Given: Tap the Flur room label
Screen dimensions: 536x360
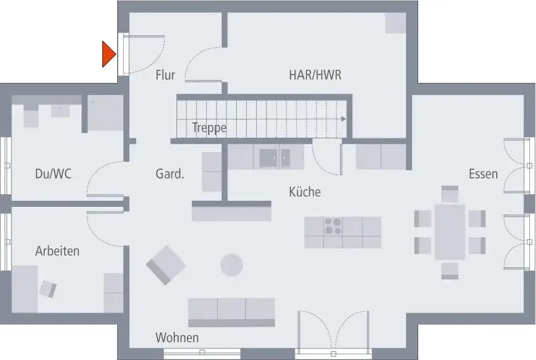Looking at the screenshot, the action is click(x=165, y=75).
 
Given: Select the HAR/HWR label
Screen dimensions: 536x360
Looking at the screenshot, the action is click(x=315, y=75).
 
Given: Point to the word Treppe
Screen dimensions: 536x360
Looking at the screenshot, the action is click(x=209, y=128).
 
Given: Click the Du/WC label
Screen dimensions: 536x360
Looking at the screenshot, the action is click(x=53, y=174).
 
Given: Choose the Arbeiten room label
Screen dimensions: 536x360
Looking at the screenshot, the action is click(x=57, y=251).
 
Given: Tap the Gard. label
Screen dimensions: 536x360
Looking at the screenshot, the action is click(x=170, y=175).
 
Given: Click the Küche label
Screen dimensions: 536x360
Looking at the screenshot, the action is click(x=305, y=192).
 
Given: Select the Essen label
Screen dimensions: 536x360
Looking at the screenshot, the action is click(x=483, y=174).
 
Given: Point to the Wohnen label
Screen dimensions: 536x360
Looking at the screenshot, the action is click(x=177, y=337).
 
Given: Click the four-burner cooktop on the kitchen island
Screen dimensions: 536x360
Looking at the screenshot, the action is click(x=333, y=226).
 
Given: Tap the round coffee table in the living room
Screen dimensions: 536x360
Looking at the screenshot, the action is click(x=231, y=265).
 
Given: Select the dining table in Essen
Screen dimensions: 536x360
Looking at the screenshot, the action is click(x=450, y=232).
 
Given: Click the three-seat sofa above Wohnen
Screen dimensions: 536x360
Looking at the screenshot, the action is click(x=231, y=311).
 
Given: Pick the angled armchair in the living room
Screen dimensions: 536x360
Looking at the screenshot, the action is click(x=165, y=265).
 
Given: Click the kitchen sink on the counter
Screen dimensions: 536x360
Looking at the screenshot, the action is click(x=275, y=158).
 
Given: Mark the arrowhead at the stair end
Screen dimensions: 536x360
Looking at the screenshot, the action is click(x=344, y=119).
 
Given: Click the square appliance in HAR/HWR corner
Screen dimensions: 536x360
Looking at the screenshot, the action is click(x=396, y=23).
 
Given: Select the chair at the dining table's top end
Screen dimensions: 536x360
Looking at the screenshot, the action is click(x=450, y=195).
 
